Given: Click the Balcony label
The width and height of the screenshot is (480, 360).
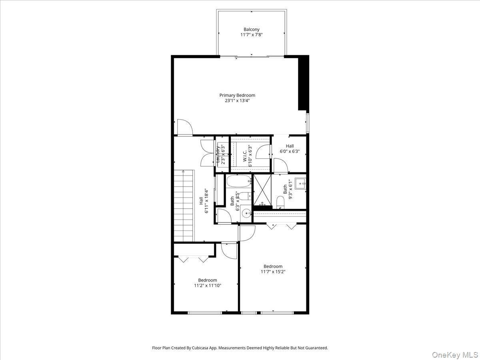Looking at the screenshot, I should pos(252,29).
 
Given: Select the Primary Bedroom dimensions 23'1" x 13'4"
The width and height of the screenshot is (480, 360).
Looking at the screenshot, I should pos(237,101).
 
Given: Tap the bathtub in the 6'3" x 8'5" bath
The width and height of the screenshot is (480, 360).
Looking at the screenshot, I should pos(238,182).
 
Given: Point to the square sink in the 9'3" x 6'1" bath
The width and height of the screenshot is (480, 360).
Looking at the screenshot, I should pos(300,184).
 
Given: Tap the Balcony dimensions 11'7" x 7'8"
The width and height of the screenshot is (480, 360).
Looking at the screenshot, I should pos(252,35).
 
